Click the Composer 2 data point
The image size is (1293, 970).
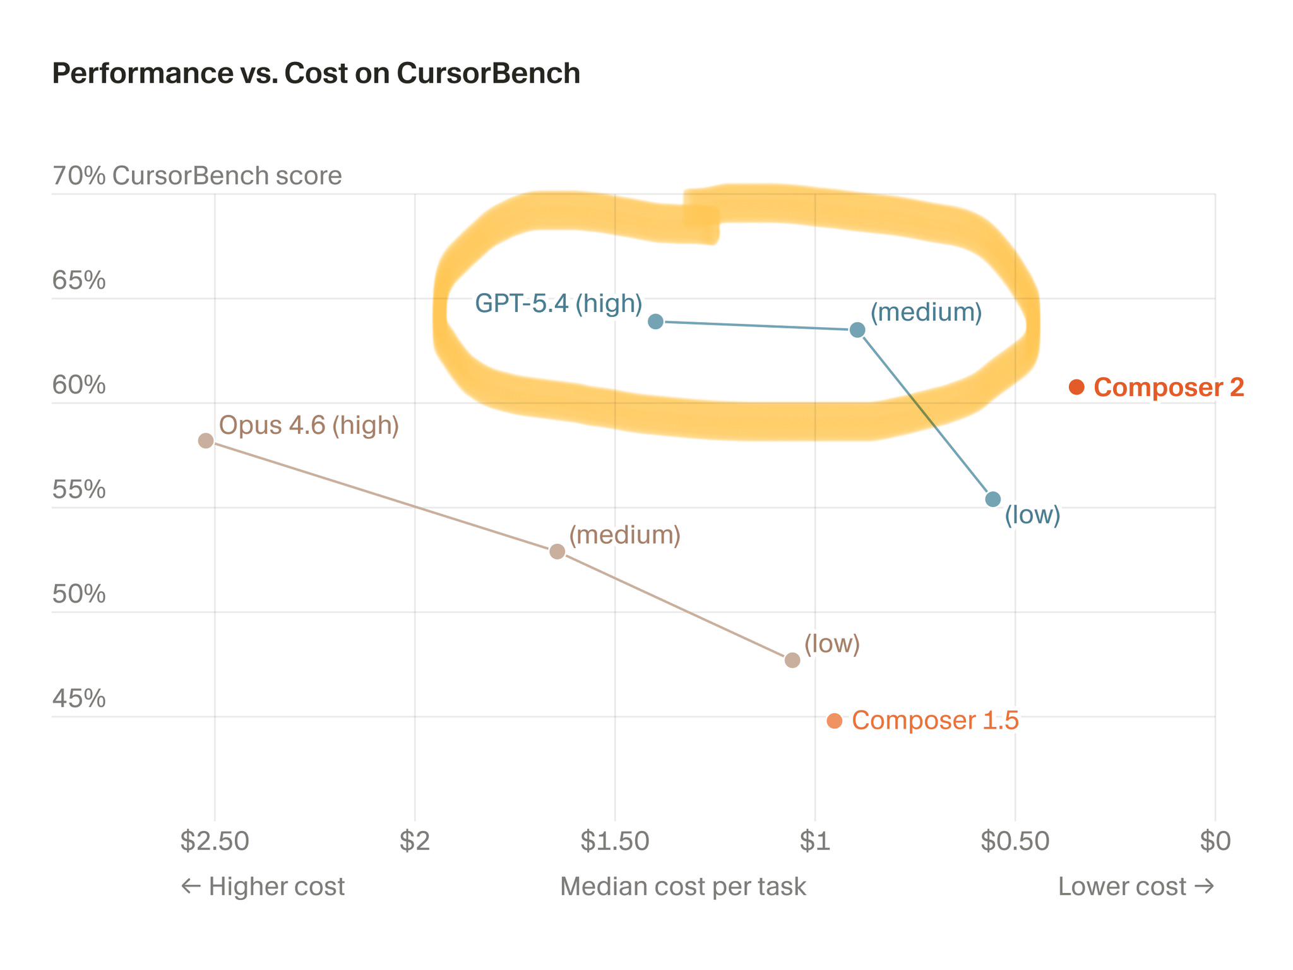click(1076, 387)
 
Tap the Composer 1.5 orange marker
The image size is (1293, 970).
click(834, 721)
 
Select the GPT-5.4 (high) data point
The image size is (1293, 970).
click(656, 321)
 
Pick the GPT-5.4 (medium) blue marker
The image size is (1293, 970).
click(857, 330)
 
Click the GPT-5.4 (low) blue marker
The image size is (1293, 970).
click(993, 500)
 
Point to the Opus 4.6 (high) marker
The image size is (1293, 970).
click(206, 441)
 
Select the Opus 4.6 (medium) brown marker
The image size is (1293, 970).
click(557, 551)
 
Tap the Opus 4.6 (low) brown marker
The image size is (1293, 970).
click(792, 660)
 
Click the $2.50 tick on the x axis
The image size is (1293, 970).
click(215, 841)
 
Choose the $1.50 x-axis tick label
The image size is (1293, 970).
click(615, 841)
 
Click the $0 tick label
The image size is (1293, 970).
click(1215, 841)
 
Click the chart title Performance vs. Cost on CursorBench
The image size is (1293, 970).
click(316, 73)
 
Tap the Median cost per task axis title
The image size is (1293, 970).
click(682, 887)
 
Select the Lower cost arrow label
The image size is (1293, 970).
click(1135, 887)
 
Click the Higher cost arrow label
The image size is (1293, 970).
click(263, 887)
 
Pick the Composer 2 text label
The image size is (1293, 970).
click(1169, 387)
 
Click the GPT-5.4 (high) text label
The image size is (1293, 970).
click(558, 304)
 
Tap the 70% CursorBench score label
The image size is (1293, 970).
click(197, 176)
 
